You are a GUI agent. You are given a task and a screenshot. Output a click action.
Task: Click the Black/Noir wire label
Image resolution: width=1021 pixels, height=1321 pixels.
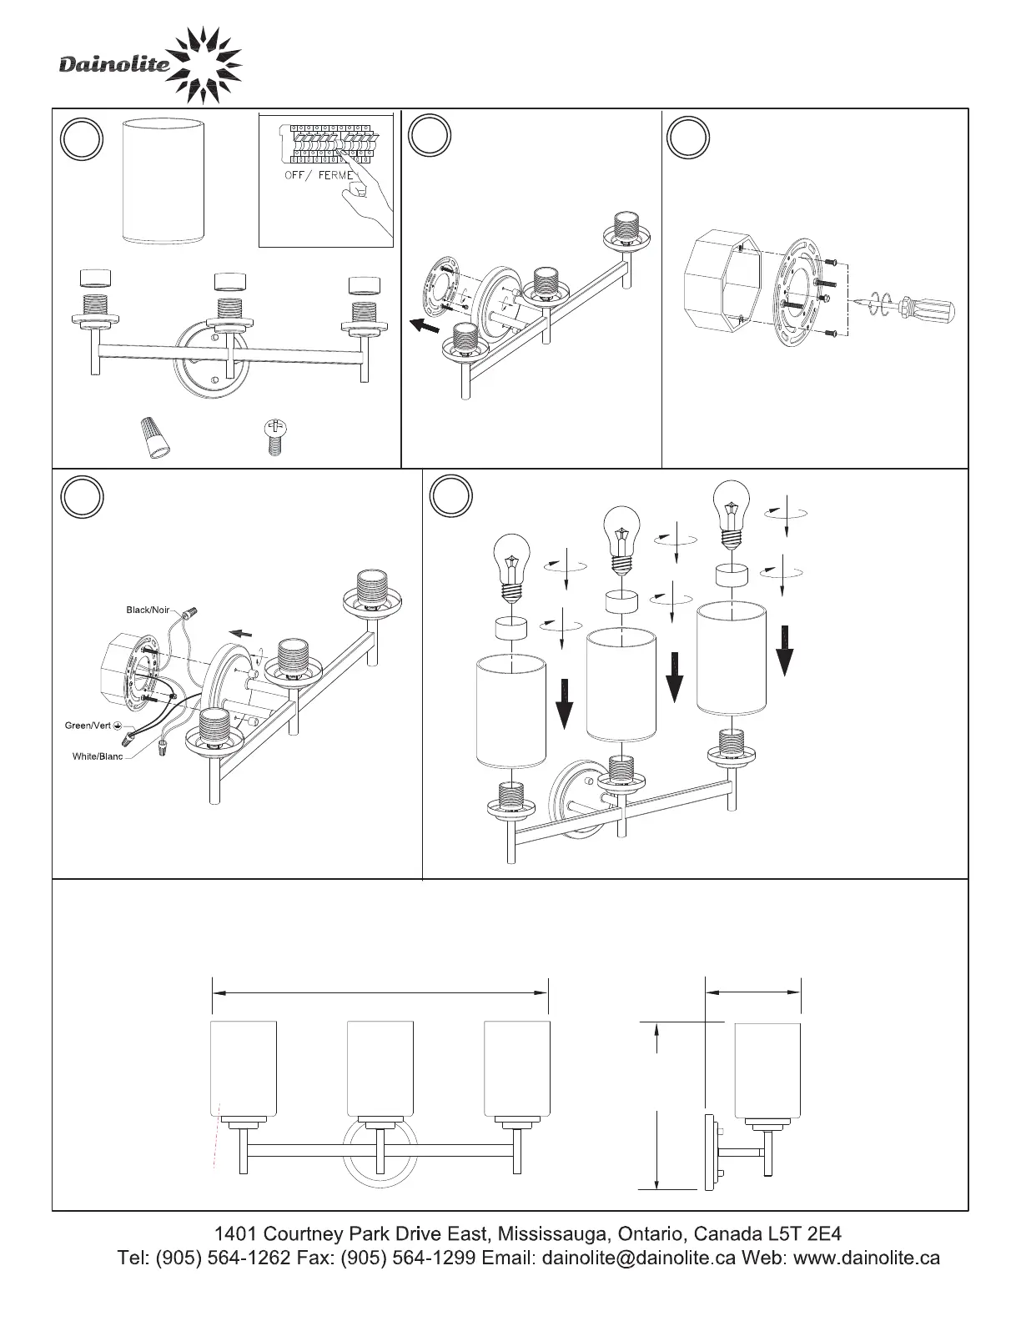(148, 610)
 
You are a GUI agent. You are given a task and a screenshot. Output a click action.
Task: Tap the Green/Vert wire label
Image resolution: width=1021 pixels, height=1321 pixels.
(88, 726)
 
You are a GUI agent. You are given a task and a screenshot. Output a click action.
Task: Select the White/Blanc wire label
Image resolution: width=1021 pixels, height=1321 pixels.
(98, 756)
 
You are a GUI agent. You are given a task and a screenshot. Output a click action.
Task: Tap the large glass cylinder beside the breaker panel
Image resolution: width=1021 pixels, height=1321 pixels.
(163, 183)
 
